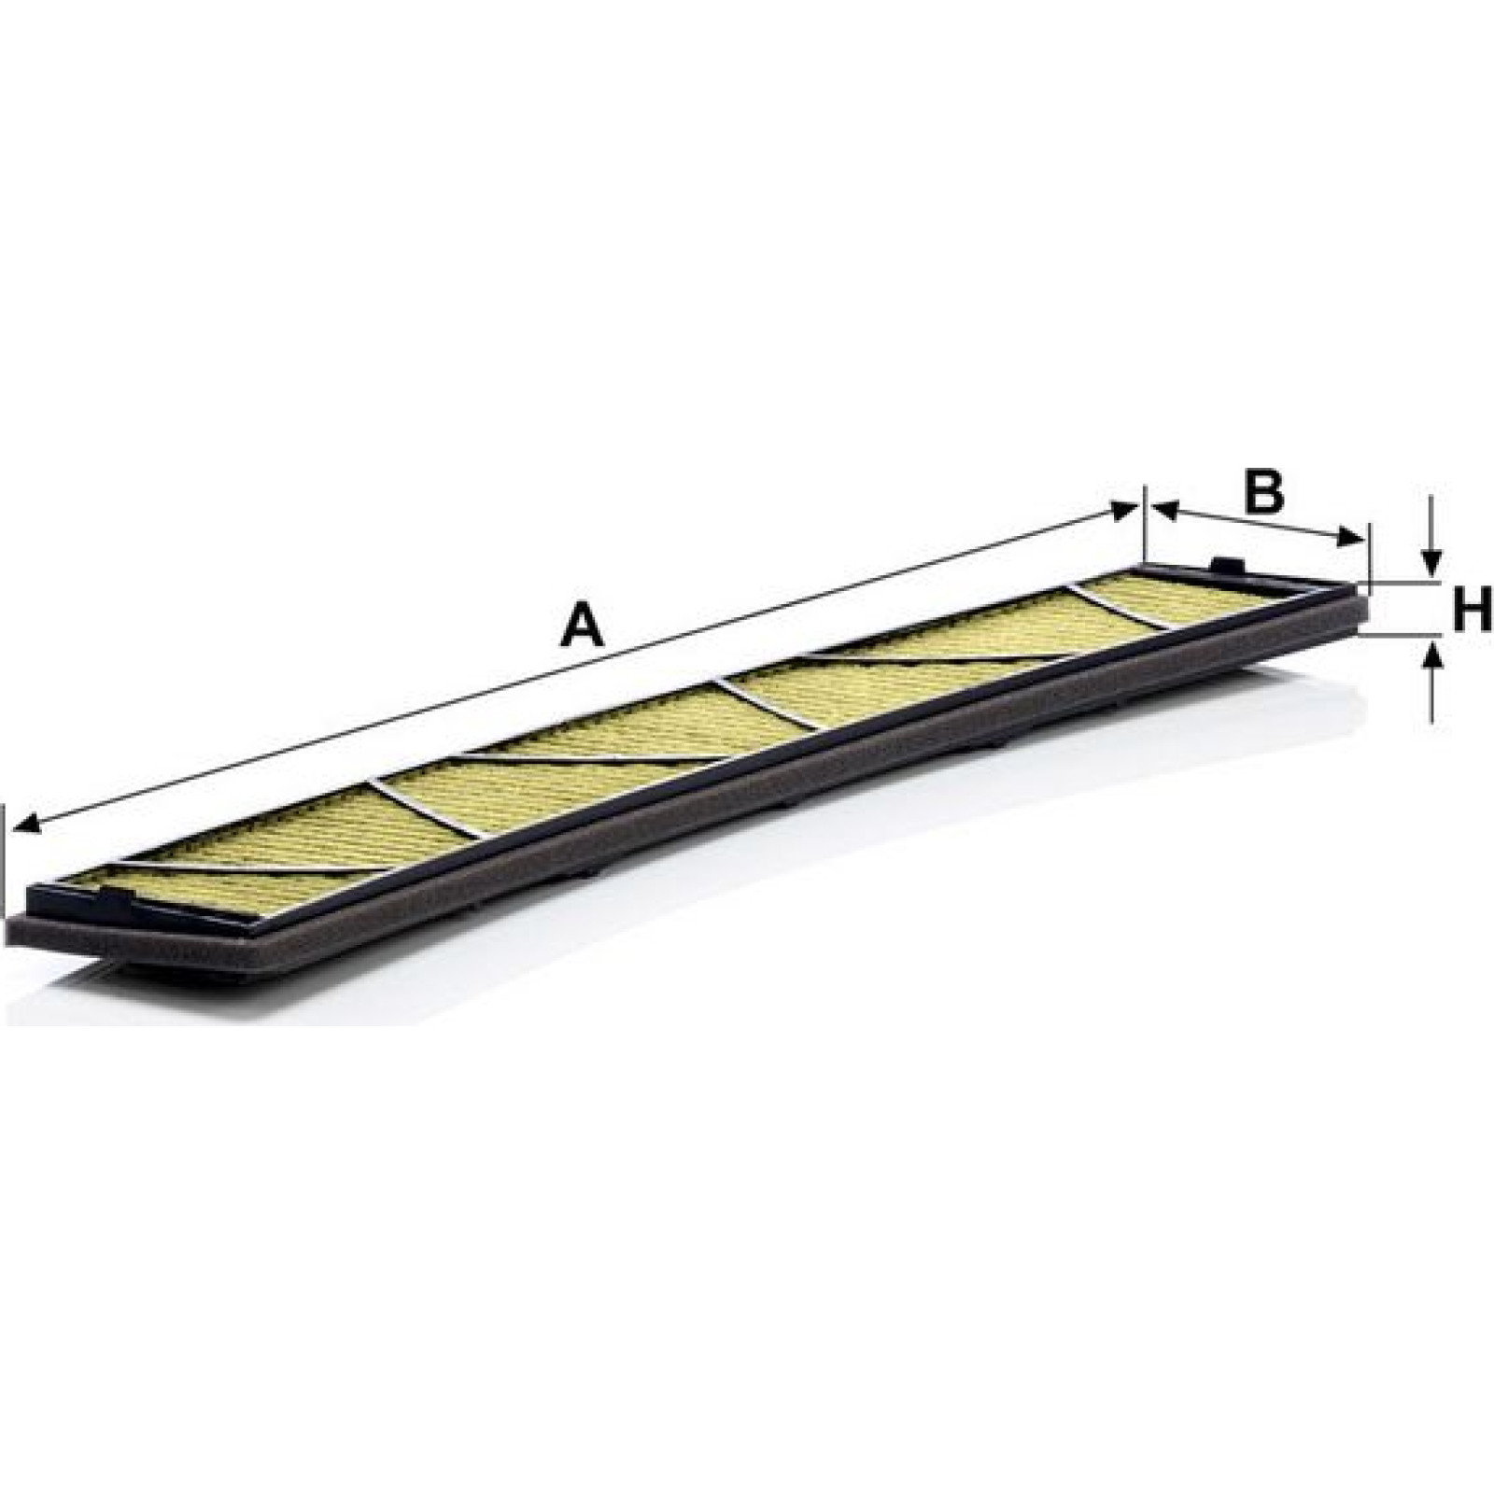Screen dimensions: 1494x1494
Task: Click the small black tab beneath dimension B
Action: pyautogui.click(x=1226, y=567)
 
